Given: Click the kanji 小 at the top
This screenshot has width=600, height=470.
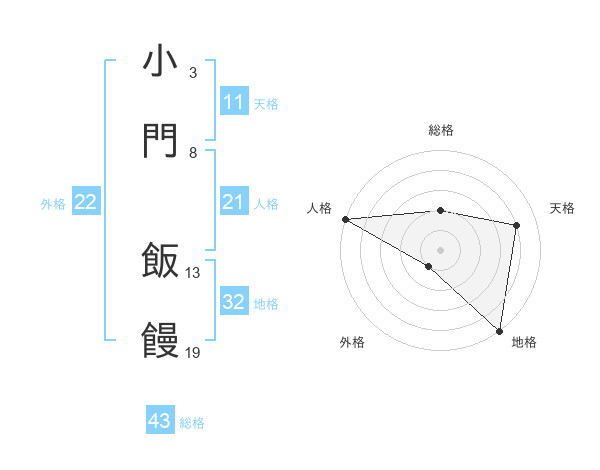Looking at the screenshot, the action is (x=160, y=62).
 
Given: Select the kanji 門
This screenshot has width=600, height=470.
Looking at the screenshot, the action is (x=160, y=141).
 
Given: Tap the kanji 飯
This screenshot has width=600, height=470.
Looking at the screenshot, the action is (x=160, y=262).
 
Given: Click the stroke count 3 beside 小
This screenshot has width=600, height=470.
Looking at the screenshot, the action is (x=192, y=73).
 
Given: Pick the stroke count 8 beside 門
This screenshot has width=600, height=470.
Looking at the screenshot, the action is (x=192, y=152).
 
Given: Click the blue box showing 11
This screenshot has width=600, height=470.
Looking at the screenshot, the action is (x=233, y=102).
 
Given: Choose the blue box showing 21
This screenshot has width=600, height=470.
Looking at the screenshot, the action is (x=233, y=202).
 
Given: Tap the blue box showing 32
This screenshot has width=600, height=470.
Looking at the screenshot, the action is (x=233, y=302).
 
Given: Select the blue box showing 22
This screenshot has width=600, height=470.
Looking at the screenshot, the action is (x=86, y=202).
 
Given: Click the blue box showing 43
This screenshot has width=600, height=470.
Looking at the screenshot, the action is (x=160, y=421).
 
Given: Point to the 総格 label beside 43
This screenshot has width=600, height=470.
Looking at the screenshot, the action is (x=192, y=423).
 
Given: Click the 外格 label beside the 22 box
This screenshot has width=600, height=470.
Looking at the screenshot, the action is (x=53, y=204).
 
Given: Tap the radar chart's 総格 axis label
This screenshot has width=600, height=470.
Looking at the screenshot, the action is (x=440, y=130).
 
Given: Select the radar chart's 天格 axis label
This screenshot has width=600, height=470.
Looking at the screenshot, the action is (x=562, y=208).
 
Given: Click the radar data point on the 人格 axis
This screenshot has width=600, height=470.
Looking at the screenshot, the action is (x=345, y=219).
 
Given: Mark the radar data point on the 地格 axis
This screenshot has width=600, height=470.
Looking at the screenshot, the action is (x=500, y=330).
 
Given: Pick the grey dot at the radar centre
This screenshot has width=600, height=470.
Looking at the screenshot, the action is (x=440, y=249).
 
